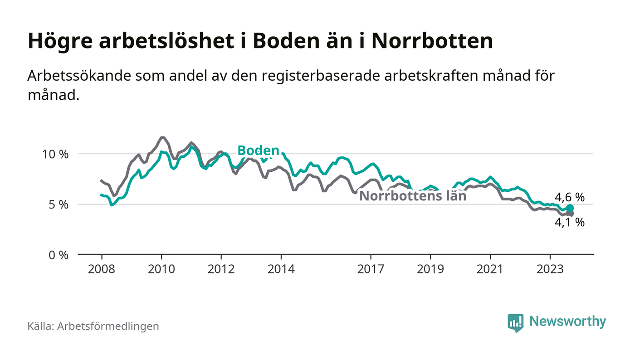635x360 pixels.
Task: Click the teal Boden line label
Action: [258, 151]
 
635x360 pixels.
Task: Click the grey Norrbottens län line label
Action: [413, 196]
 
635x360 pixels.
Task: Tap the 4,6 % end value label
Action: [570, 197]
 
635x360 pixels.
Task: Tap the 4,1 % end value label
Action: [570, 223]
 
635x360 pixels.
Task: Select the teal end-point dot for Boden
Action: [570, 208]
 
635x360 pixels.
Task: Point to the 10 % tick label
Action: [55, 154]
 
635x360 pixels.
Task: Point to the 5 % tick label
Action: [59, 204]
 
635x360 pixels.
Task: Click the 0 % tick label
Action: [59, 255]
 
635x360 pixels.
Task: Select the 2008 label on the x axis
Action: [102, 269]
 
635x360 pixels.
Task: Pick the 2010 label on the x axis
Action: [161, 269]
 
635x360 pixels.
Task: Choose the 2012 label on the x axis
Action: [221, 269]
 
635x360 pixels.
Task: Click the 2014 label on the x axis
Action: [281, 269]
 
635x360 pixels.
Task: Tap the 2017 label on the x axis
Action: [371, 269]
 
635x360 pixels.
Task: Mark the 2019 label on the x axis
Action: [430, 269]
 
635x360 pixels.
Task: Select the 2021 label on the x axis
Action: [490, 269]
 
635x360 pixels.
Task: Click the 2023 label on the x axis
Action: [550, 269]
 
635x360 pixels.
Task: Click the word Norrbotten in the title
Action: [432, 41]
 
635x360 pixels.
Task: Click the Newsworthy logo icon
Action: [515, 322]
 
